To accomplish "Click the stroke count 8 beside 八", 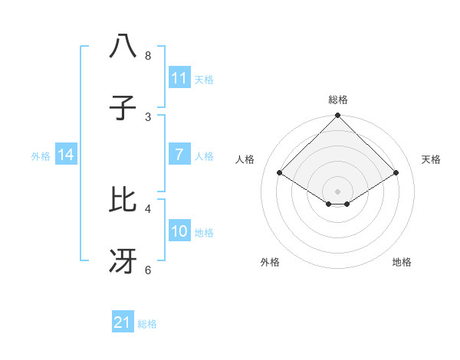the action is pyautogui.click(x=147, y=56).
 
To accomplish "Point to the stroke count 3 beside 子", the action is pyautogui.click(x=147, y=116).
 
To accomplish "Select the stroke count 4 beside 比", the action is pyautogui.click(x=147, y=208).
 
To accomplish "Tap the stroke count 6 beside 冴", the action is pyautogui.click(x=147, y=270).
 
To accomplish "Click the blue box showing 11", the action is pyautogui.click(x=179, y=78).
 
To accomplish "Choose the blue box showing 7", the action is pyautogui.click(x=179, y=155).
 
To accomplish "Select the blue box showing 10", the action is pyautogui.click(x=179, y=231).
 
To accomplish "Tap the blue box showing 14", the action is pyautogui.click(x=66, y=155).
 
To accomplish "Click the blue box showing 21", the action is pyautogui.click(x=123, y=322).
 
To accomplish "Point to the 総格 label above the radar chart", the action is pyautogui.click(x=337, y=100).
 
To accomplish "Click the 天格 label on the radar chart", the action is pyautogui.click(x=431, y=159).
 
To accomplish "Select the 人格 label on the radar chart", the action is pyautogui.click(x=245, y=159).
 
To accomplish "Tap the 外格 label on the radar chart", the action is pyautogui.click(x=270, y=262).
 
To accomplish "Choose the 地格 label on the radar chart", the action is pyautogui.click(x=402, y=262).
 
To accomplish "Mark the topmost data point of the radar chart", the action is pyautogui.click(x=337, y=116).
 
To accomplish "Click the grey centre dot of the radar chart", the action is pyautogui.click(x=337, y=191).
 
